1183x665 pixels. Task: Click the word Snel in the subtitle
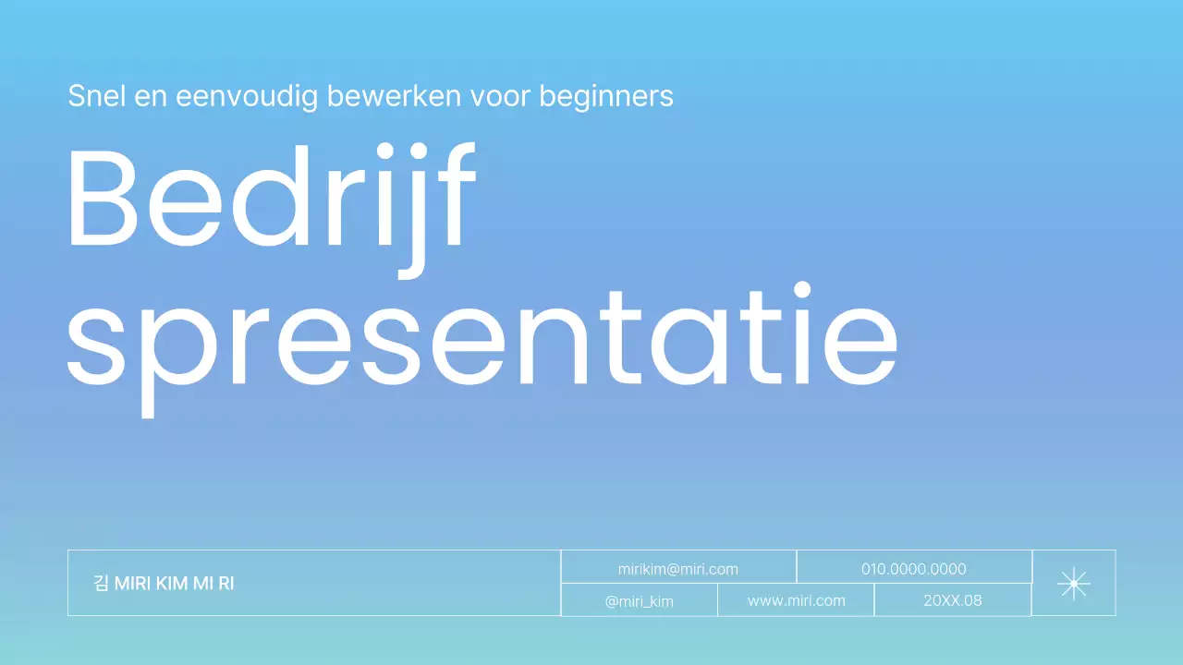pyautogui.click(x=95, y=95)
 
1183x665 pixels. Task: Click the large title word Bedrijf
pyautogui.click(x=271, y=199)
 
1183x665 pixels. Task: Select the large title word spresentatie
pyautogui.click(x=482, y=337)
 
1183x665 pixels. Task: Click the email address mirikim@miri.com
pyautogui.click(x=677, y=569)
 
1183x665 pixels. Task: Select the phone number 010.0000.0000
pyautogui.click(x=913, y=569)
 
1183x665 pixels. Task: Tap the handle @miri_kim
pyautogui.click(x=639, y=601)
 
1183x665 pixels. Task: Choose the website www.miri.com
pyautogui.click(x=796, y=600)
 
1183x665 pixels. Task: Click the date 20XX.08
pyautogui.click(x=952, y=600)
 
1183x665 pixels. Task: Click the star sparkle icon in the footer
pyautogui.click(x=1073, y=583)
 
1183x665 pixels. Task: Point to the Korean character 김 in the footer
pyautogui.click(x=102, y=584)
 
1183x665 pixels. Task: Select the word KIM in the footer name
pyautogui.click(x=173, y=584)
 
